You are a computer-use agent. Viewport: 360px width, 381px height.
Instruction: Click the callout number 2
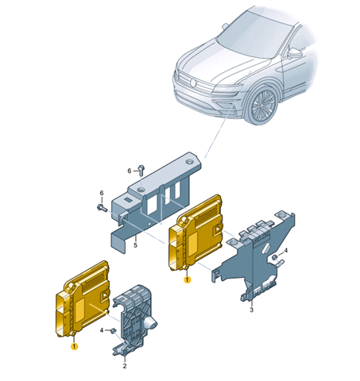click(125, 366)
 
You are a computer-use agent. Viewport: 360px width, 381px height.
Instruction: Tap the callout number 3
click(251, 310)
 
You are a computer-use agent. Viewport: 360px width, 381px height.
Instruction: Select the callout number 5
click(135, 245)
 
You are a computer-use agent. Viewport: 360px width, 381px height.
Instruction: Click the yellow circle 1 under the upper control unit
click(188, 279)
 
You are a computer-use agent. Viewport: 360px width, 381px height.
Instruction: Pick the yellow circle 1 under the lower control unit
click(75, 346)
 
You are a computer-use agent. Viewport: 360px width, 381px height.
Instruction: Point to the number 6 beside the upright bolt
click(130, 171)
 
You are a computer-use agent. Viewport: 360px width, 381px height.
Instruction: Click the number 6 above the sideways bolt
click(102, 193)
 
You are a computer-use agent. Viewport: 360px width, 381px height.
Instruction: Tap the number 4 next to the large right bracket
click(286, 250)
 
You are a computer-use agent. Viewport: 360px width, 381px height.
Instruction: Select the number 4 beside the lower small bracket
click(102, 330)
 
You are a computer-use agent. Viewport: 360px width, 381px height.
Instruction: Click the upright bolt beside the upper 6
click(141, 170)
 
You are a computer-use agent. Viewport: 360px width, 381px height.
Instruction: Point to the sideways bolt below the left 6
click(102, 207)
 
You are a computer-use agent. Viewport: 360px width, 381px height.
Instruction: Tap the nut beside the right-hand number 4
click(275, 256)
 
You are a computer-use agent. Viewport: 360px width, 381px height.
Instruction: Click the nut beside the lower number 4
click(114, 330)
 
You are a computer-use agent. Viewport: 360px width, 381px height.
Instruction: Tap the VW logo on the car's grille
click(193, 83)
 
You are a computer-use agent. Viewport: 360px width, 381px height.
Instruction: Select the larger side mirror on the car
click(295, 53)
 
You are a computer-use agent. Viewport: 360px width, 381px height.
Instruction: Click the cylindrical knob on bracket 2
click(152, 323)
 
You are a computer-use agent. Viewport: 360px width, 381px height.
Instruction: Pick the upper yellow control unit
click(195, 233)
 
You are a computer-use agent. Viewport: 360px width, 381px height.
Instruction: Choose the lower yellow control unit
click(83, 299)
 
